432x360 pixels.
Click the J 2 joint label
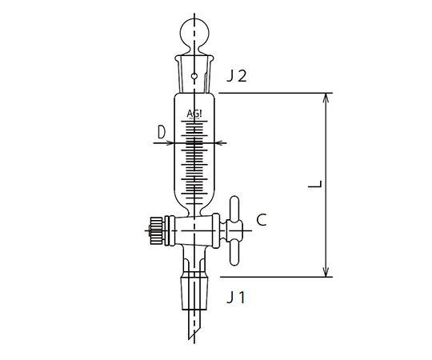[236, 76]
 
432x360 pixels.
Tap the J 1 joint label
[236, 298]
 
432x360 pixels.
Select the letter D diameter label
[162, 132]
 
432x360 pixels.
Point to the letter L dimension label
[315, 184]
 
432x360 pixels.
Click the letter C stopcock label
[261, 220]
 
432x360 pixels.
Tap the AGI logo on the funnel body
[194, 114]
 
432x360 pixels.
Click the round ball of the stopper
[194, 32]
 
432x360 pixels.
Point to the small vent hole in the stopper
[194, 76]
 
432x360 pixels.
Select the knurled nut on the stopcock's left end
[155, 230]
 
